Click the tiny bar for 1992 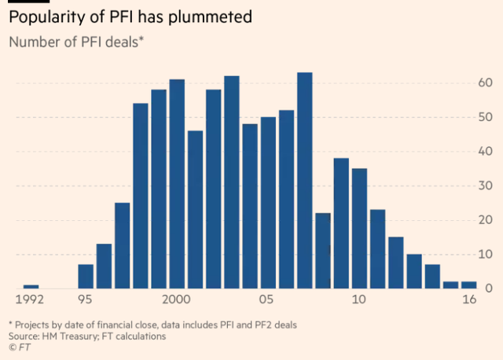pyautogui.click(x=31, y=287)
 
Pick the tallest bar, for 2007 pyautogui.click(x=304, y=181)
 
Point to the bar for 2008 pyautogui.click(x=323, y=252)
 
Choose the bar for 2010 pyautogui.click(x=359, y=229)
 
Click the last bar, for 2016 pyautogui.click(x=468, y=285)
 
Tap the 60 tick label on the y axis pyautogui.click(x=485, y=83)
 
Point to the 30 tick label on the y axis pyautogui.click(x=485, y=186)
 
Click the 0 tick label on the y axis pyautogui.click(x=489, y=288)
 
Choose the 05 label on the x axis pyautogui.click(x=268, y=300)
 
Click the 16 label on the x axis pyautogui.click(x=468, y=300)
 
